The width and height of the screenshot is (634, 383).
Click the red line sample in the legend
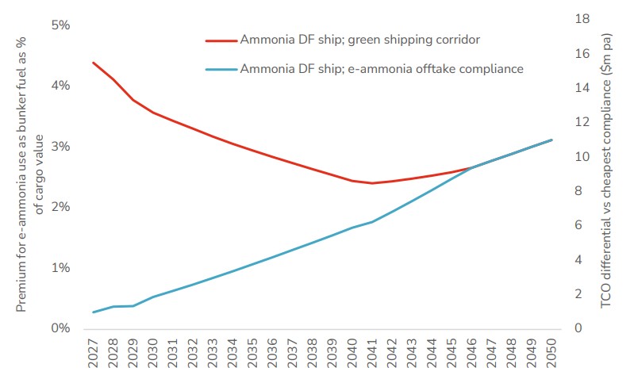coord(220,39)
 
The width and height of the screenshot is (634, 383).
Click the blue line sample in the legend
coord(220,69)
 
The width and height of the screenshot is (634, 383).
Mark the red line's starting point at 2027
coord(94,63)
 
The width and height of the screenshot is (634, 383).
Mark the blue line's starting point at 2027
coord(94,312)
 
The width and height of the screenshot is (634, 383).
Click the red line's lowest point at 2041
coord(372,183)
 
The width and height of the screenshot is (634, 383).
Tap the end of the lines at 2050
coord(551,140)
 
